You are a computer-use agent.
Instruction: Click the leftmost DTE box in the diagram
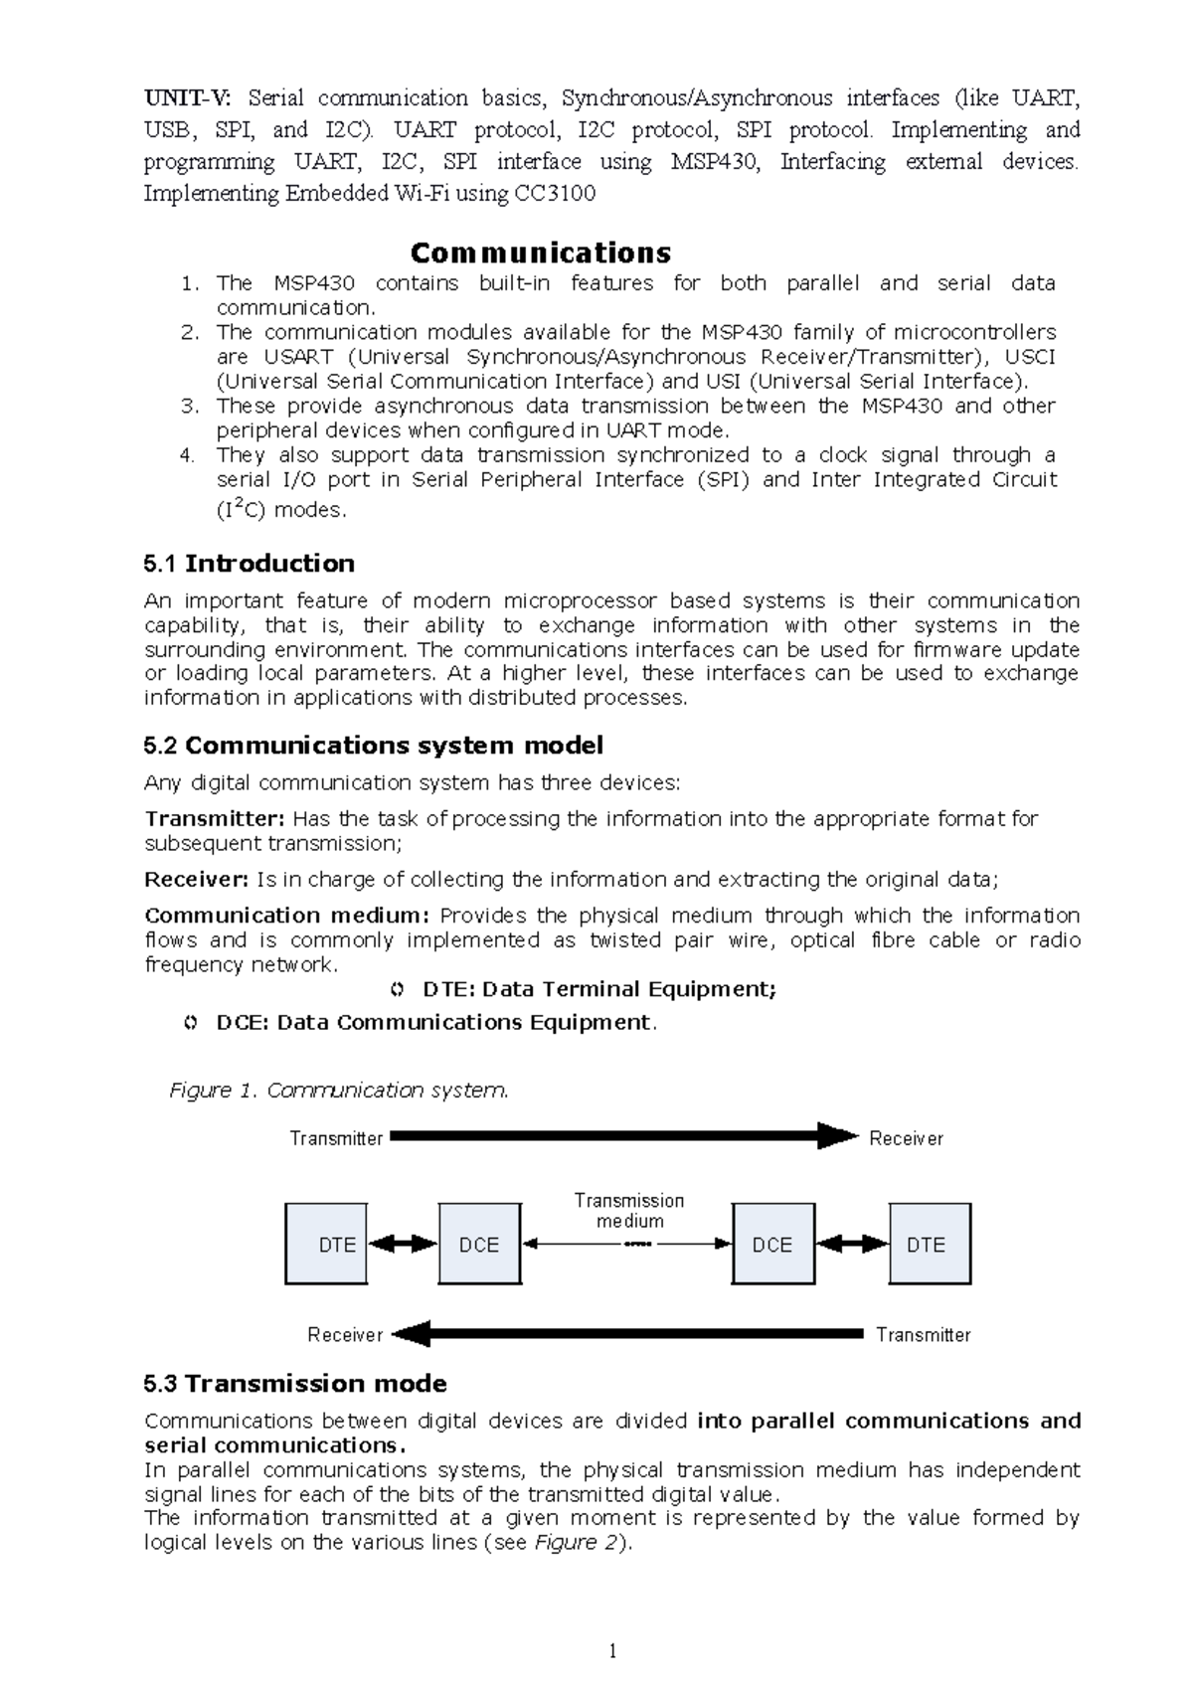coord(325,1244)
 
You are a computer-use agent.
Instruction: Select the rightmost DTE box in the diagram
coord(929,1244)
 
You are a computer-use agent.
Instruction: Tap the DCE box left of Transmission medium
coord(479,1244)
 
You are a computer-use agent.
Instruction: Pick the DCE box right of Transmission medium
coord(772,1244)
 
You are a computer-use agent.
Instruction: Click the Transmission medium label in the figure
coord(629,1211)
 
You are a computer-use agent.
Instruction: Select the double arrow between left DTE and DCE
coord(403,1243)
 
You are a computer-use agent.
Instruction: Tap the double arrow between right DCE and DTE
coord(851,1243)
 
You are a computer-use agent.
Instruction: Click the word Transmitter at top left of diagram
coord(336,1138)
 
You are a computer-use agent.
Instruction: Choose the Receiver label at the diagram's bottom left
coord(345,1335)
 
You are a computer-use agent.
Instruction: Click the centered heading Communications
coord(541,252)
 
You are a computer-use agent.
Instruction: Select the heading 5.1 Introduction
coord(249,564)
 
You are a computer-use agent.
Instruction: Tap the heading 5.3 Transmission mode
coord(295,1384)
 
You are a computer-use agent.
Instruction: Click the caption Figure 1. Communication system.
coord(338,1091)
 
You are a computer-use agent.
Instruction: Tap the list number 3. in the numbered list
coord(190,406)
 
